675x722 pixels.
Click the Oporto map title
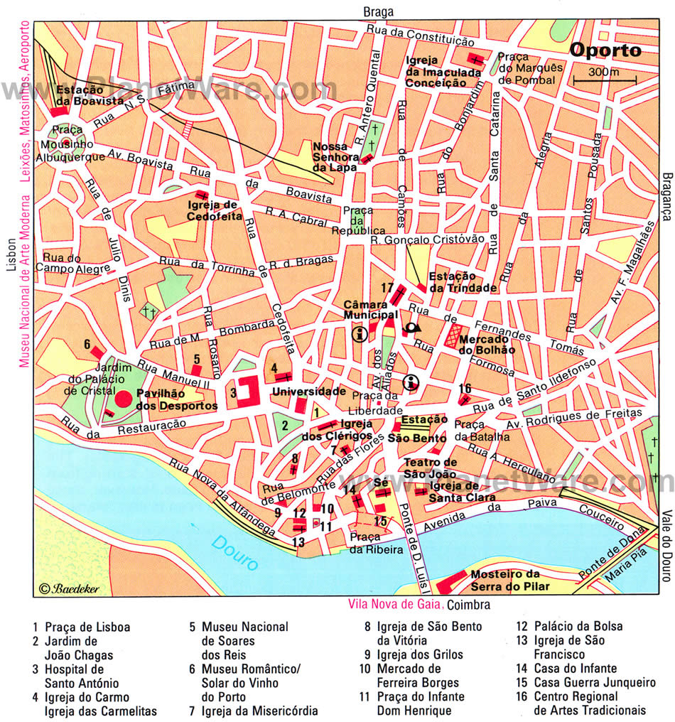coord(605,51)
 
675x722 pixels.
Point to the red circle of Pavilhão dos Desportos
coord(124,399)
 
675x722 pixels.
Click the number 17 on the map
coord(387,287)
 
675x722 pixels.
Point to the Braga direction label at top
coord(377,11)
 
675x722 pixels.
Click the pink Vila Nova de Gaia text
coord(395,605)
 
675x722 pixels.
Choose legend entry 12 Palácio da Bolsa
coord(570,626)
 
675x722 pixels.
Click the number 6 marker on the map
coord(87,344)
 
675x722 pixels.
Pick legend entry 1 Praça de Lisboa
coord(81,627)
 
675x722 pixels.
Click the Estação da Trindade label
coord(463,282)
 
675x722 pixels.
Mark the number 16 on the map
coord(465,388)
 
